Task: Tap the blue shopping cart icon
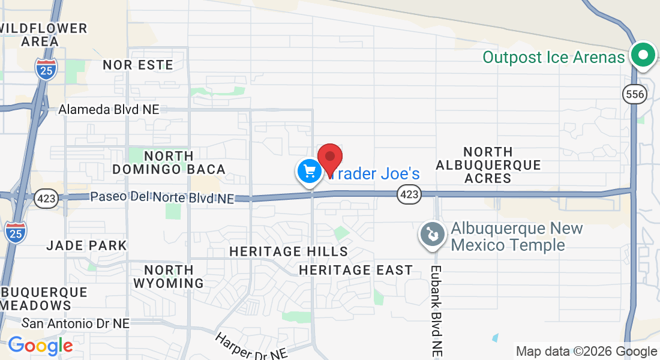tap(310, 172)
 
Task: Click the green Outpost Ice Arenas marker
tap(643, 56)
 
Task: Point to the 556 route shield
tap(634, 94)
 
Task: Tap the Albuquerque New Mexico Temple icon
tap(432, 234)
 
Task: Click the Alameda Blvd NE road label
tap(109, 110)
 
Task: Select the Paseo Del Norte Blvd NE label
tap(162, 197)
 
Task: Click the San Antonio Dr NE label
tap(76, 323)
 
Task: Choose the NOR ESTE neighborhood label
tap(138, 65)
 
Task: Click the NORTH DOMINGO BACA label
tap(169, 163)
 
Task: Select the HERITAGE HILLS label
tap(289, 251)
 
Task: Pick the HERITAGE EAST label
tap(356, 271)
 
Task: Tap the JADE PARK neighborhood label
tap(86, 245)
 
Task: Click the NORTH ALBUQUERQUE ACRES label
tap(488, 165)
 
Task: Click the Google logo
tap(40, 346)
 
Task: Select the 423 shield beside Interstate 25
tap(46, 200)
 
